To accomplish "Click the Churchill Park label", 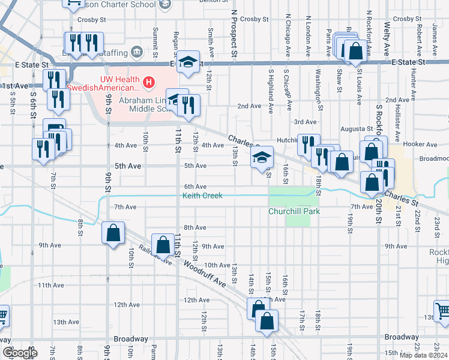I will pyautogui.click(x=294, y=211).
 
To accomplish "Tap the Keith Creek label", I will pyautogui.click(x=202, y=196).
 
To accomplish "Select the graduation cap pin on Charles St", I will pyautogui.click(x=262, y=157).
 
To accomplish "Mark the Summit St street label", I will pyautogui.click(x=155, y=38).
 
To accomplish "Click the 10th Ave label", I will pyautogui.click(x=217, y=265).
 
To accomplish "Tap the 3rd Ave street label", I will pyautogui.click(x=306, y=122).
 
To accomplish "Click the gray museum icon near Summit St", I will pyautogui.click(x=137, y=51).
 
